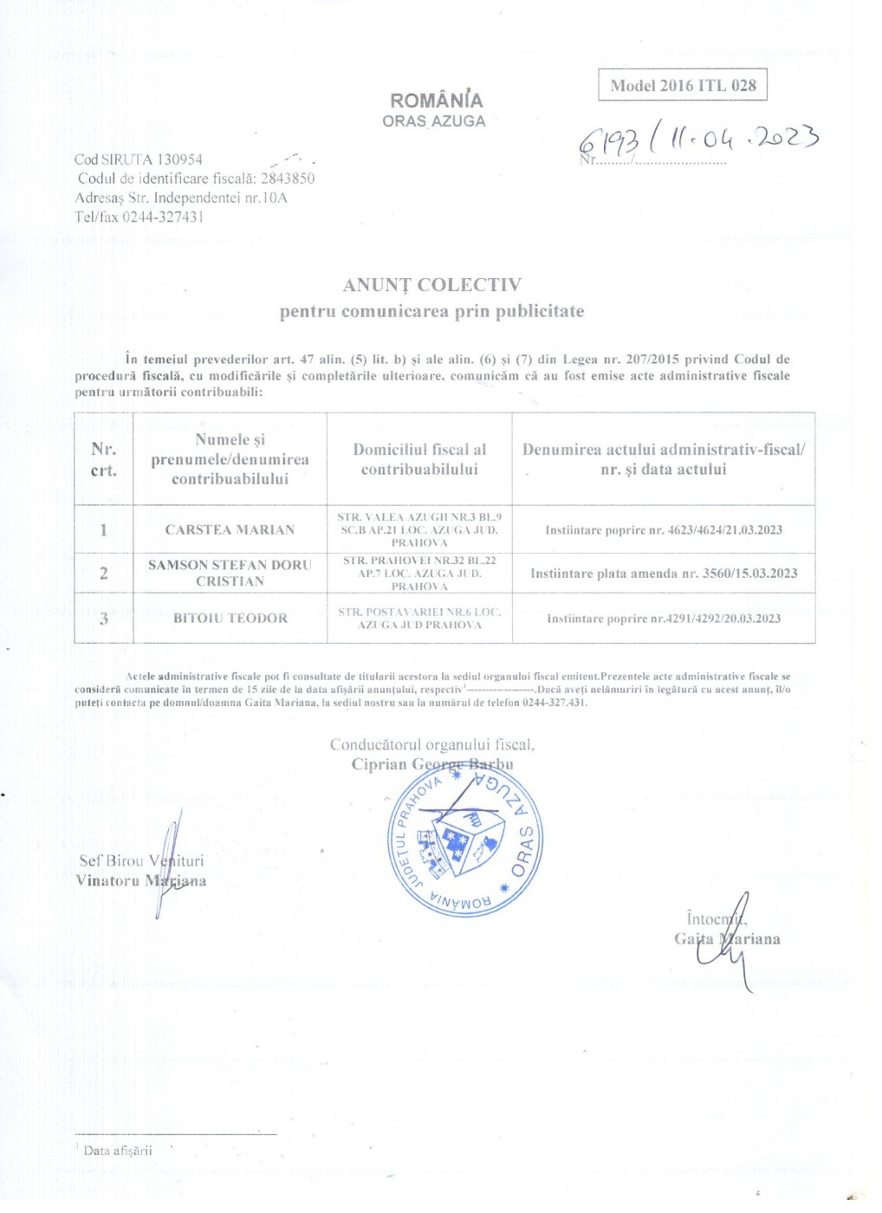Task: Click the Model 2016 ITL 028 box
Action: [x=683, y=86]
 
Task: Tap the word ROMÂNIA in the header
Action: [x=437, y=101]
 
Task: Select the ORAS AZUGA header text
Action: [x=434, y=122]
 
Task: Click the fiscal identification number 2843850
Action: [x=288, y=178]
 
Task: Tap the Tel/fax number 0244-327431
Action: [x=163, y=217]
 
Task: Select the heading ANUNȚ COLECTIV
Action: [x=431, y=285]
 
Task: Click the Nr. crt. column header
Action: [x=103, y=459]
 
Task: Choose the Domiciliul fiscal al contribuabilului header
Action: [x=419, y=459]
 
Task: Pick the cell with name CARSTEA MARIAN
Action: [x=230, y=529]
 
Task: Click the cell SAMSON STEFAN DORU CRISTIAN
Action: [x=230, y=573]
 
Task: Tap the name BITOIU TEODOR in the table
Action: [x=230, y=618]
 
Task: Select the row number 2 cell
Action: [x=104, y=573]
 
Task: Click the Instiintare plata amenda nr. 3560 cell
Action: [x=664, y=573]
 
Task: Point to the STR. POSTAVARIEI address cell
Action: [x=419, y=618]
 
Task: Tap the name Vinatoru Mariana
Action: [x=140, y=881]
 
